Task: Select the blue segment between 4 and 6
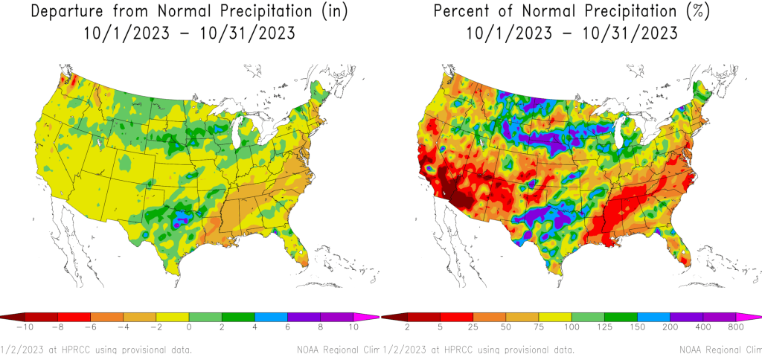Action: tap(272, 317)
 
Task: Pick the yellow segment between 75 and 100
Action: tap(554, 317)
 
